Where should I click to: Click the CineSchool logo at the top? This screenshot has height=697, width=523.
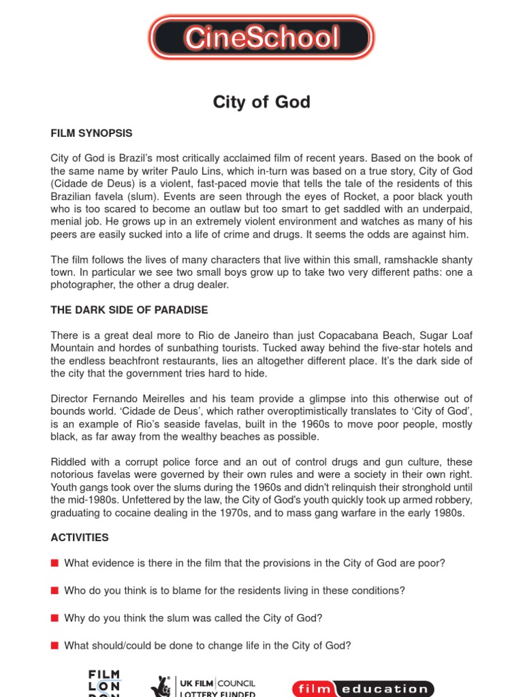coord(261,38)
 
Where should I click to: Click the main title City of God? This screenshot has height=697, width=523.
coord(261,102)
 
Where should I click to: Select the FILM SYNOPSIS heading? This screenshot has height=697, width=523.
coord(91,133)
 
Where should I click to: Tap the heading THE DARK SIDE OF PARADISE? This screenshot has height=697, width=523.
coord(129,310)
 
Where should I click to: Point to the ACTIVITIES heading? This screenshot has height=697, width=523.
coord(80,537)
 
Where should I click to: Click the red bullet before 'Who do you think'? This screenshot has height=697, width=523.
coord(54,591)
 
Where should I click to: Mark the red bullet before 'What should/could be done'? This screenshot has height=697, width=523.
coord(54,645)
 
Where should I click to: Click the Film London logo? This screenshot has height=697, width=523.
coord(104,683)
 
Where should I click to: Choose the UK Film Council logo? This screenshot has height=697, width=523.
coord(204,686)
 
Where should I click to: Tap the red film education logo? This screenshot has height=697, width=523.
coord(362,688)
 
